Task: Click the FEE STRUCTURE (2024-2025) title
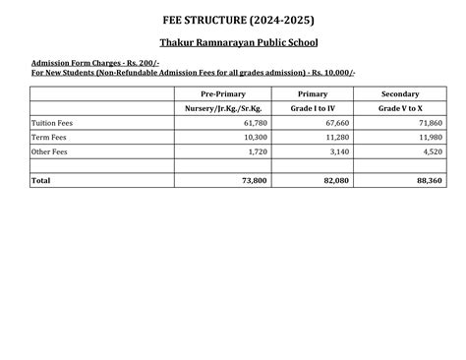232,20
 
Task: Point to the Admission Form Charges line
77,63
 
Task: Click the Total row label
40,181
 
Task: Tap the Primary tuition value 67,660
335,123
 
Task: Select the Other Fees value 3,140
339,151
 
